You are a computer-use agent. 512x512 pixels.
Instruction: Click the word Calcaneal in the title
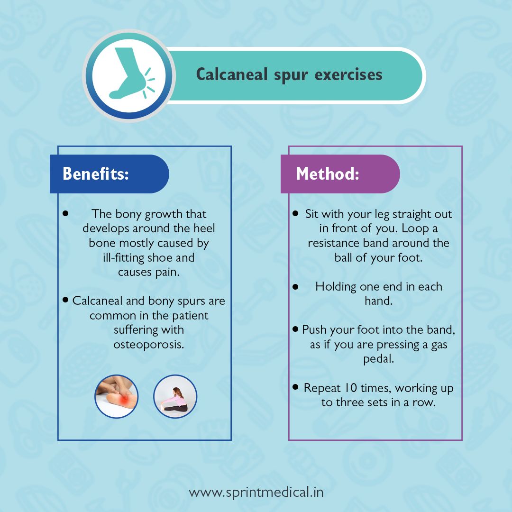coord(232,74)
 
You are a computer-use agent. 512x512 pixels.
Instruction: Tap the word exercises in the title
coord(348,75)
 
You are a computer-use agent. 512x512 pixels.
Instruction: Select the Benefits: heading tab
coord(109,174)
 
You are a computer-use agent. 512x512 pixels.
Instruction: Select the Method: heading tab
coord(340,174)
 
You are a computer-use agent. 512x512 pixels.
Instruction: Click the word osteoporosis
coord(148,345)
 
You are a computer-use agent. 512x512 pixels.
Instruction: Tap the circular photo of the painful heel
coord(117,396)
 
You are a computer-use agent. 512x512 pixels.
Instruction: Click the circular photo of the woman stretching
coord(175,396)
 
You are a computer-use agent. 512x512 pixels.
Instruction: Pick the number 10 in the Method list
coord(351,388)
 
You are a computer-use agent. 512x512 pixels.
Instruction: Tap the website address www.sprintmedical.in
coord(256,493)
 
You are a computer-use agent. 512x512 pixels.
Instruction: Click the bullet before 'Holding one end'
coord(295,287)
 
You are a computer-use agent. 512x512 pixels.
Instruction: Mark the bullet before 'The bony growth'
coord(65,213)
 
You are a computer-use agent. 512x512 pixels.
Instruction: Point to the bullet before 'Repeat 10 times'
coord(295,387)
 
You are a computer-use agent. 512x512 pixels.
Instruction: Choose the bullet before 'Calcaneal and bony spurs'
coord(65,300)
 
